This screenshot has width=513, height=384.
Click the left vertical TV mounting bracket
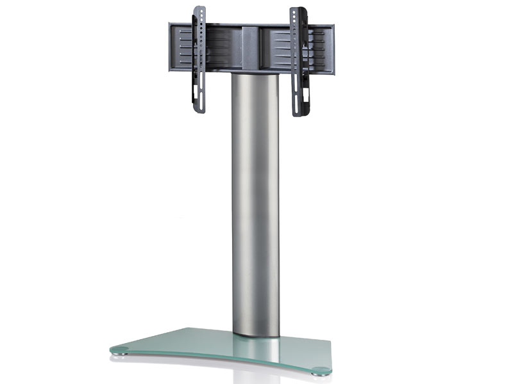point(199,61)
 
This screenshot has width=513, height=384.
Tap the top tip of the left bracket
point(199,8)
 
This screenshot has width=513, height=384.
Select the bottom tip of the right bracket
point(299,116)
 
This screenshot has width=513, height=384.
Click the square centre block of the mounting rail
point(252,48)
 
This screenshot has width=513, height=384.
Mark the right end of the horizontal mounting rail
point(332,45)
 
